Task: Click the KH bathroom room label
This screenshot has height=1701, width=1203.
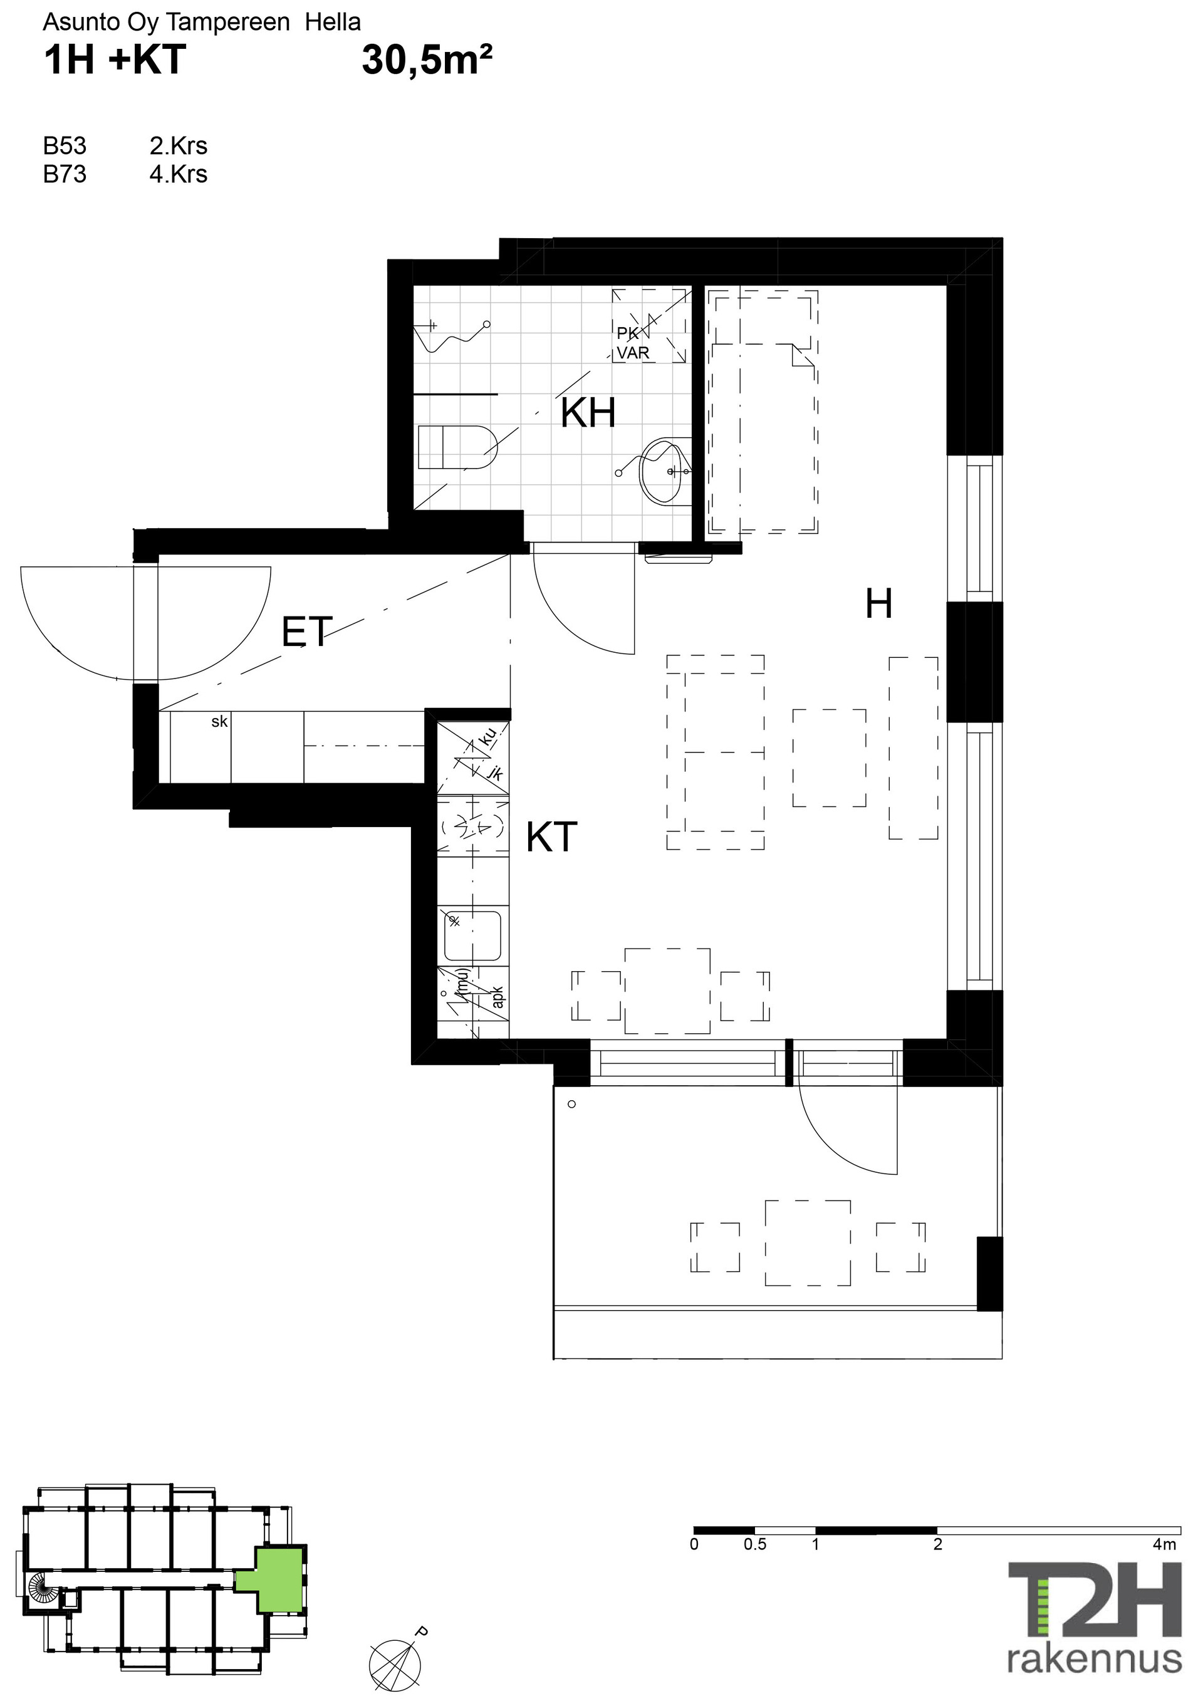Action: (588, 413)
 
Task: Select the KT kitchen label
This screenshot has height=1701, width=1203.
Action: (551, 837)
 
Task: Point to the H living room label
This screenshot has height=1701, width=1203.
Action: (878, 604)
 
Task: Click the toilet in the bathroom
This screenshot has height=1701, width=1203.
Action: (456, 447)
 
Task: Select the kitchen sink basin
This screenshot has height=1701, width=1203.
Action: (472, 935)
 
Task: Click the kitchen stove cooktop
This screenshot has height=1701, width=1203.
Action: (473, 826)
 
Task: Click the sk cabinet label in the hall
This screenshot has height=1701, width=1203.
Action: (219, 722)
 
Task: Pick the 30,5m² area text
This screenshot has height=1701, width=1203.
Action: (427, 61)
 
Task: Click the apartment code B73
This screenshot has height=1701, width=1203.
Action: (65, 174)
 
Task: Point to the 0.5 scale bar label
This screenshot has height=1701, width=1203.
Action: (755, 1544)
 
